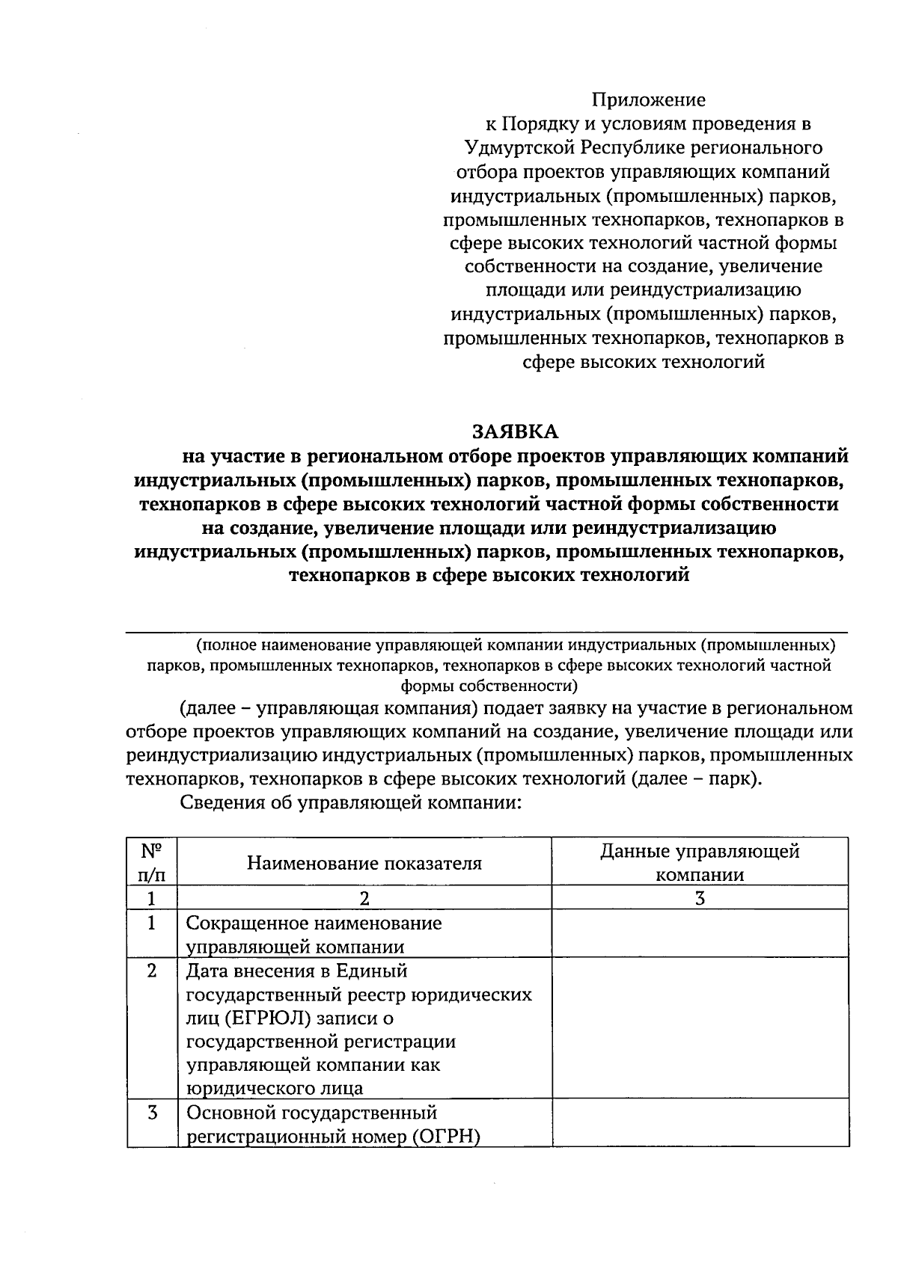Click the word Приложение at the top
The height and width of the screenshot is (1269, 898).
click(x=649, y=99)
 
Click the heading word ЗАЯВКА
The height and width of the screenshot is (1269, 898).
click(x=515, y=431)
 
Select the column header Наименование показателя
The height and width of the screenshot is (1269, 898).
click(x=364, y=864)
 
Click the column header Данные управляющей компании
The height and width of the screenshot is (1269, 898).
click(x=700, y=863)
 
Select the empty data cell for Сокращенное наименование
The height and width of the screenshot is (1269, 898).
click(x=700, y=934)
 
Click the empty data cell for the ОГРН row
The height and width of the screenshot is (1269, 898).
click(x=700, y=1123)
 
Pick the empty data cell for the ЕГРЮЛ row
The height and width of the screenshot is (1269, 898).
click(x=700, y=1028)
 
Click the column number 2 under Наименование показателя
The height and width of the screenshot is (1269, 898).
click(x=364, y=899)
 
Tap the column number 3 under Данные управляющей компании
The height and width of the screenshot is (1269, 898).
click(x=700, y=899)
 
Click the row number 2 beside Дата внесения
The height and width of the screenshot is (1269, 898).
click(x=152, y=971)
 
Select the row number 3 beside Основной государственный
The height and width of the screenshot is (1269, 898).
click(x=152, y=1113)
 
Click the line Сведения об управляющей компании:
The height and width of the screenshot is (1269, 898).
click(x=350, y=804)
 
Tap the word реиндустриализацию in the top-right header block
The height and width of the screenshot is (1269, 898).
click(x=706, y=290)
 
